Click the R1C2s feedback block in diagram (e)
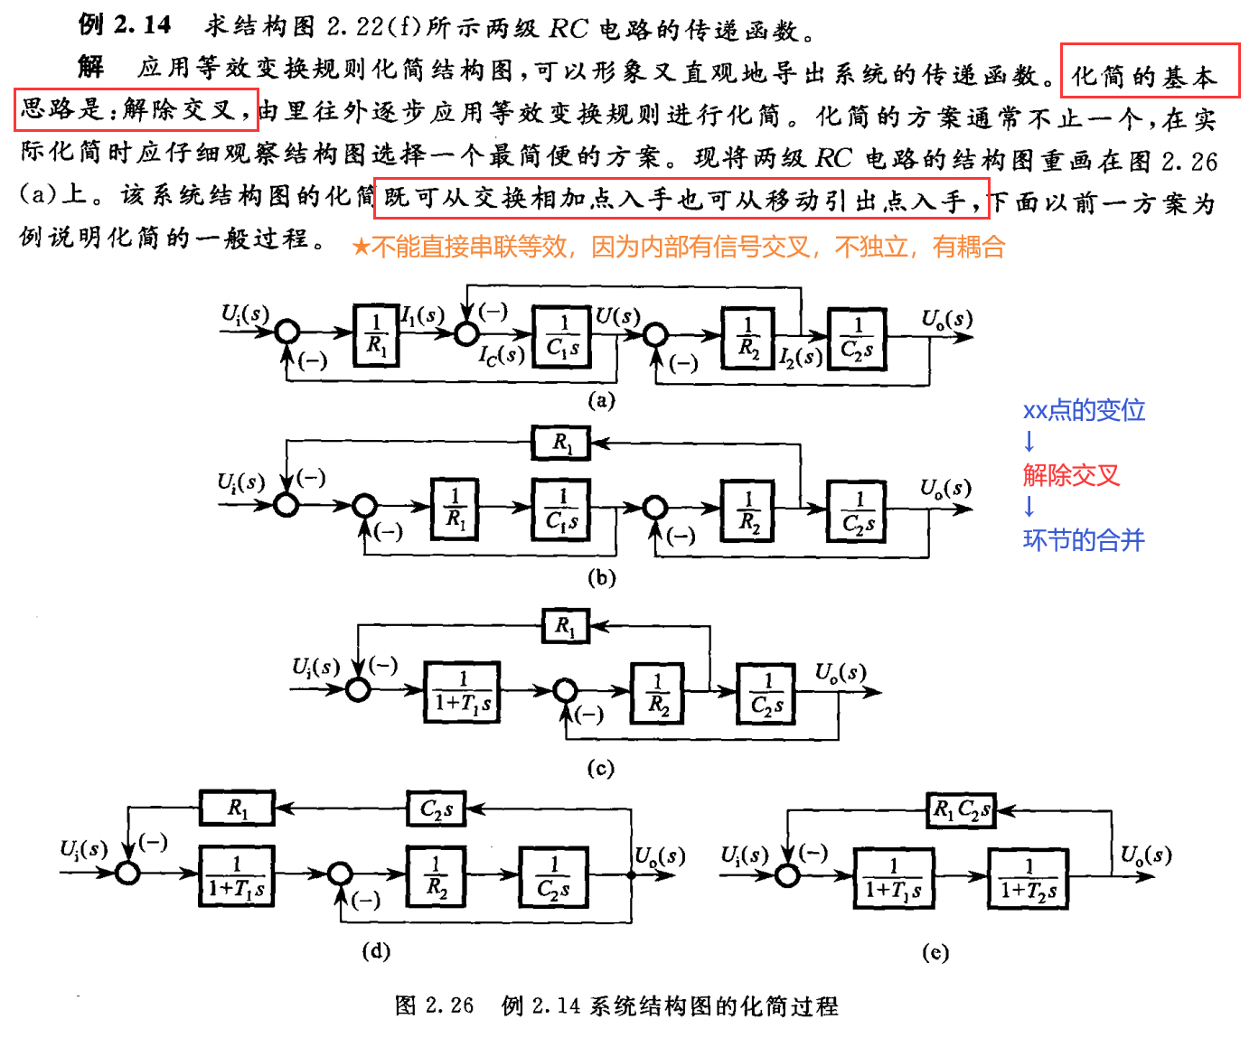coord(961,809)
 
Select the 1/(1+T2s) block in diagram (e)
coord(1029,878)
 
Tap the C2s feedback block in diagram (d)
coord(437,809)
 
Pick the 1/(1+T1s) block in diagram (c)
coord(463,692)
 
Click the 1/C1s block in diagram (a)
coord(562,336)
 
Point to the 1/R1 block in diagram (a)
coord(376,335)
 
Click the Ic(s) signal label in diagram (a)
coord(502,355)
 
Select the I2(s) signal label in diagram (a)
coord(801,357)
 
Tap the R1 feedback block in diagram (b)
coord(562,444)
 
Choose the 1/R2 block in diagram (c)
coord(658,693)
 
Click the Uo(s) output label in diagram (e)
coord(1146,855)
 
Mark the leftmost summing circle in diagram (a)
coord(287,333)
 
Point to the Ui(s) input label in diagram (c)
coord(315,668)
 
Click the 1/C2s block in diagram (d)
coord(553,876)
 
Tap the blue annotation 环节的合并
coord(1084,540)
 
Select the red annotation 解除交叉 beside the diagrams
coord(1071,475)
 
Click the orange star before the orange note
coord(361,247)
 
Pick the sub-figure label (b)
coord(601,577)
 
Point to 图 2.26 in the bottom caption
coord(434,1005)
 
